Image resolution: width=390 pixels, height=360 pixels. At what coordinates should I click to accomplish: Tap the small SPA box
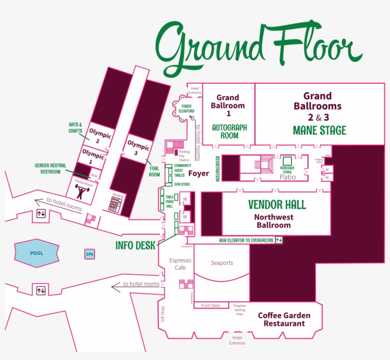pyautogui.click(x=90, y=254)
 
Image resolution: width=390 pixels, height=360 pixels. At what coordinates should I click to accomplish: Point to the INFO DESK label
pyautogui.click(x=136, y=246)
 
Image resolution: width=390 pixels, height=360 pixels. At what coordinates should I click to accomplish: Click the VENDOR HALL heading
pyautogui.click(x=277, y=205)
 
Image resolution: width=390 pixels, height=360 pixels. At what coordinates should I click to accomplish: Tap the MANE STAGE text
pyautogui.click(x=319, y=130)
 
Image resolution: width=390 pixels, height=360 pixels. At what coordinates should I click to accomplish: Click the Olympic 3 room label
pyautogui.click(x=138, y=147)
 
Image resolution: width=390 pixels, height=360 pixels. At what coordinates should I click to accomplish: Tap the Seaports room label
pyautogui.click(x=222, y=263)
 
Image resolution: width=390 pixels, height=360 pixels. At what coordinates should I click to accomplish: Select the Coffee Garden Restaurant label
pyautogui.click(x=284, y=320)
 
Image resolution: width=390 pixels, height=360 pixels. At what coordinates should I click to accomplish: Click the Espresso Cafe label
pyautogui.click(x=180, y=264)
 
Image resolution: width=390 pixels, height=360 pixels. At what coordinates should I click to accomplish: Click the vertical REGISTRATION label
pyautogui.click(x=217, y=169)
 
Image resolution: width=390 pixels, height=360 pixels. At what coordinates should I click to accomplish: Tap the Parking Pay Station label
pyautogui.click(x=184, y=156)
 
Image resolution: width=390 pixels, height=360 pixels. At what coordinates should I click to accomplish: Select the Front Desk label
pyautogui.click(x=210, y=305)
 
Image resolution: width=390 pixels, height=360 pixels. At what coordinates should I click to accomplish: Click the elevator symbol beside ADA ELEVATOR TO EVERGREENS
pyautogui.click(x=279, y=240)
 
